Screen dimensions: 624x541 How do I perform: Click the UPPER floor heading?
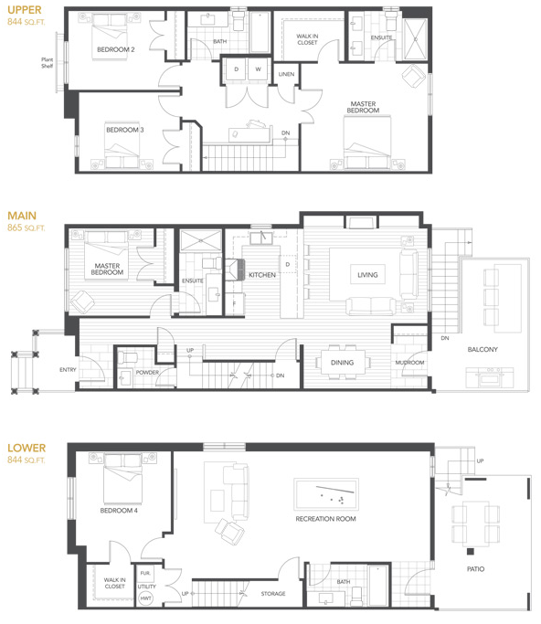23,10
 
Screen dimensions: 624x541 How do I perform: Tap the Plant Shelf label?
47,63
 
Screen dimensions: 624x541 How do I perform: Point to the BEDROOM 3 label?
124,130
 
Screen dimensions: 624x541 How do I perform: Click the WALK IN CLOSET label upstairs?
307,39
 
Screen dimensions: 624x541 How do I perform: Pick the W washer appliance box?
258,69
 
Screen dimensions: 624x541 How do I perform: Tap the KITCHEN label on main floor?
262,274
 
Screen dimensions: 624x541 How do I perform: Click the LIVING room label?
367,274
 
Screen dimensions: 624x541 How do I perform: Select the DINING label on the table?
342,363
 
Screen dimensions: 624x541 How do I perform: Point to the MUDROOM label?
409,363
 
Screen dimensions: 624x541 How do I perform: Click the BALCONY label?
483,349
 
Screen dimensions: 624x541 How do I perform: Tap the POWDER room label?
147,372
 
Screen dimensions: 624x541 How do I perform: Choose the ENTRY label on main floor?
68,369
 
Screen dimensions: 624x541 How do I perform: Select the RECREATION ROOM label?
325,519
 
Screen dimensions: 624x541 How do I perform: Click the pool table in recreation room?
326,495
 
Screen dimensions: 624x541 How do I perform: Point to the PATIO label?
475,569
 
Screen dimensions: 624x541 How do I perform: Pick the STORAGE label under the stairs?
272,594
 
